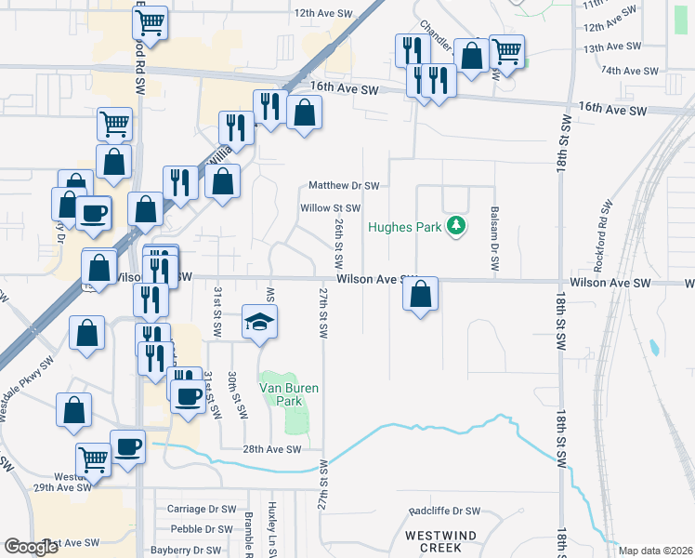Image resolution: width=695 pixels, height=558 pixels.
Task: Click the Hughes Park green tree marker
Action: (x=455, y=225)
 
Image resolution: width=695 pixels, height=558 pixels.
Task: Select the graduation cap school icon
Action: (x=260, y=322)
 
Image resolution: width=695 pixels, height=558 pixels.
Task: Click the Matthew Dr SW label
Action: (x=344, y=186)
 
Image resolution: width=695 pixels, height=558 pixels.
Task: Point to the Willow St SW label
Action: (x=329, y=208)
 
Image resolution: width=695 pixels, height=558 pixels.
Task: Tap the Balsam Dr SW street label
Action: (x=494, y=240)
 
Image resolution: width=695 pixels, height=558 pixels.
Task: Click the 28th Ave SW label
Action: (x=273, y=449)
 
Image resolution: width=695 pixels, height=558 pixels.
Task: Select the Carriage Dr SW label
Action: (x=203, y=510)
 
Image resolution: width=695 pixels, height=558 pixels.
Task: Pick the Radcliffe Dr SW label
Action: (x=445, y=511)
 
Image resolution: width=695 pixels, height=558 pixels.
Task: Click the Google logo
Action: (x=31, y=547)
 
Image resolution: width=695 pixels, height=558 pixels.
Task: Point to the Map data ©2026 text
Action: (x=654, y=551)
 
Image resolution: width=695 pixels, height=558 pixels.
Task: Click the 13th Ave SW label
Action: (x=611, y=46)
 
